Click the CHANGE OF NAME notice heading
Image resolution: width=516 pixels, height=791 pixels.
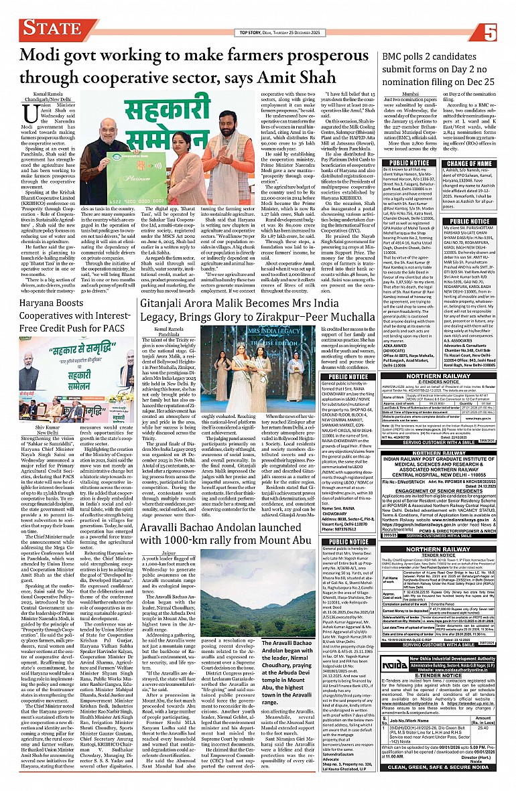pos(472,163)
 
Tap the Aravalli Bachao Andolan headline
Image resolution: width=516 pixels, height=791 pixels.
pos(241,496)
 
